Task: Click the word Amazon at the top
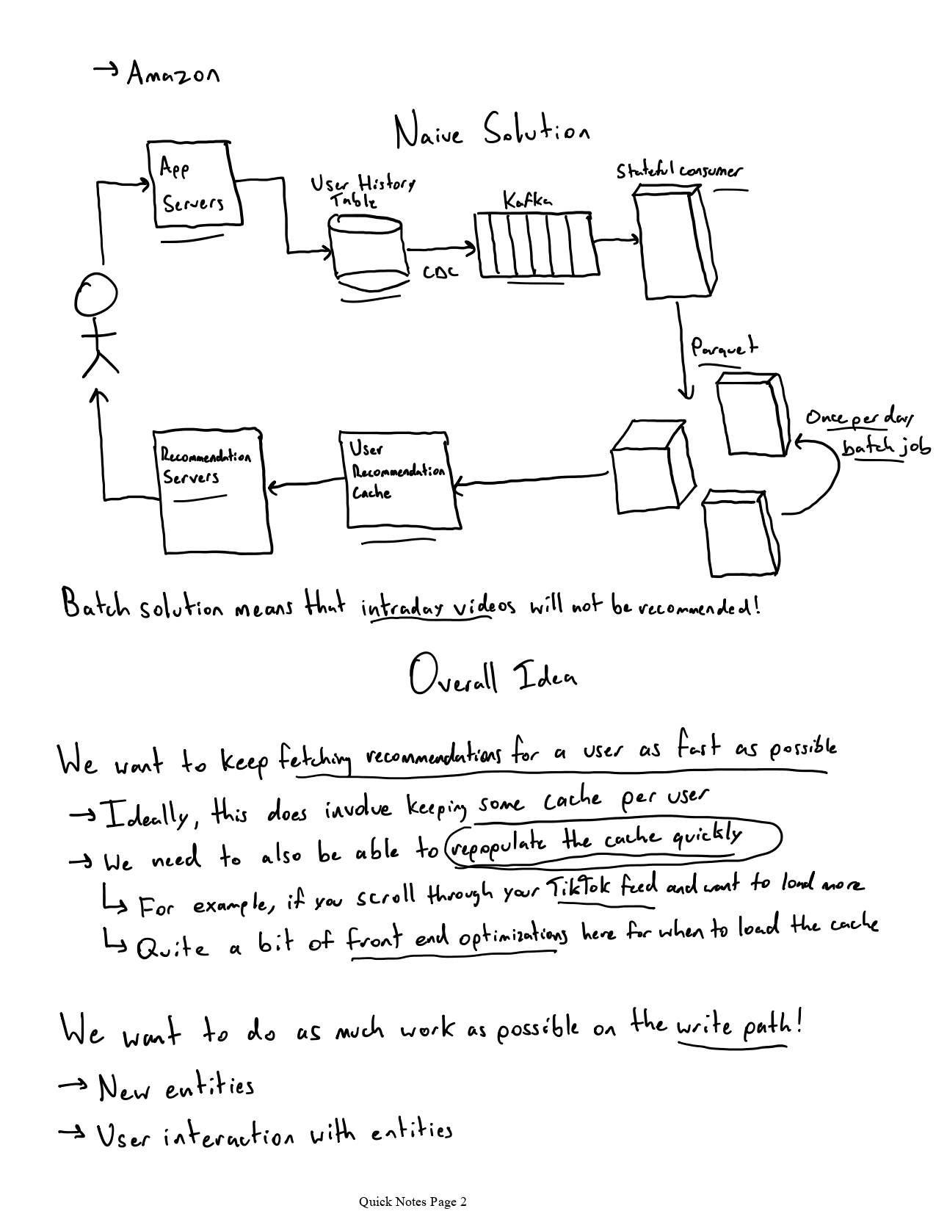click(x=173, y=73)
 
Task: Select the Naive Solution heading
click(x=491, y=133)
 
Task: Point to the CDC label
click(x=440, y=272)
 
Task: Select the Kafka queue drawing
click(x=536, y=245)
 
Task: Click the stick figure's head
click(x=95, y=296)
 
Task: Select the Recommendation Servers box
click(x=215, y=491)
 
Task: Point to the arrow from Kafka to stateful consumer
click(x=617, y=239)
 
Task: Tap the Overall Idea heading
click(x=493, y=677)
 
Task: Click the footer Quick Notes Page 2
click(x=412, y=1202)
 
